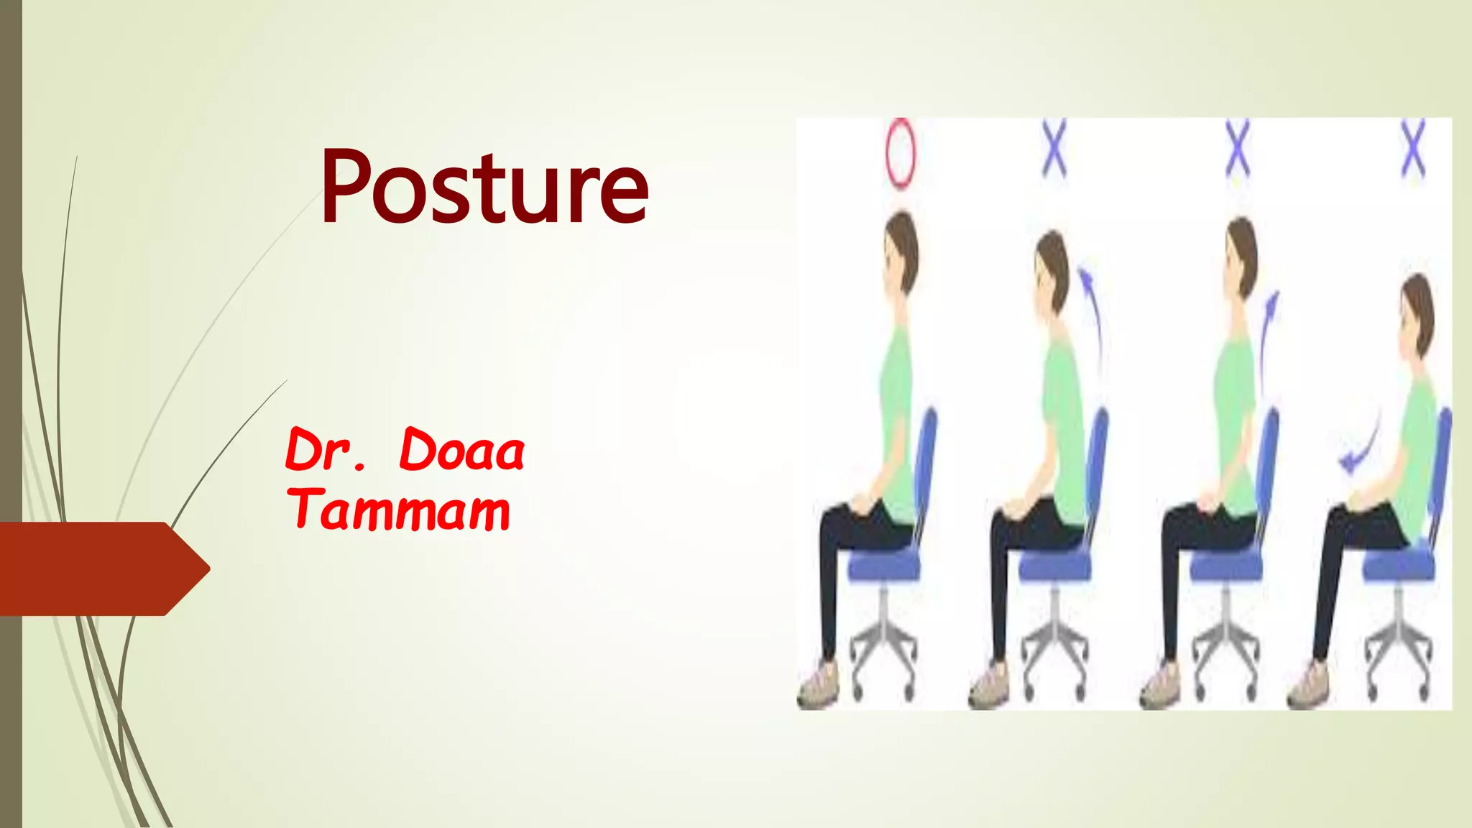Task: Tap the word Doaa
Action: (461, 451)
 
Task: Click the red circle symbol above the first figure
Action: (900, 153)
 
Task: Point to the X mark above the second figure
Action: (1054, 149)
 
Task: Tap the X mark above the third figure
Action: (1237, 149)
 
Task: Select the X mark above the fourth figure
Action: (1412, 149)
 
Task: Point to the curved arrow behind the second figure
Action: (1093, 316)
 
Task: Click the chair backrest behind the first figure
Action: (927, 460)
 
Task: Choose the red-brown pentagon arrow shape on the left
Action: (101, 569)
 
